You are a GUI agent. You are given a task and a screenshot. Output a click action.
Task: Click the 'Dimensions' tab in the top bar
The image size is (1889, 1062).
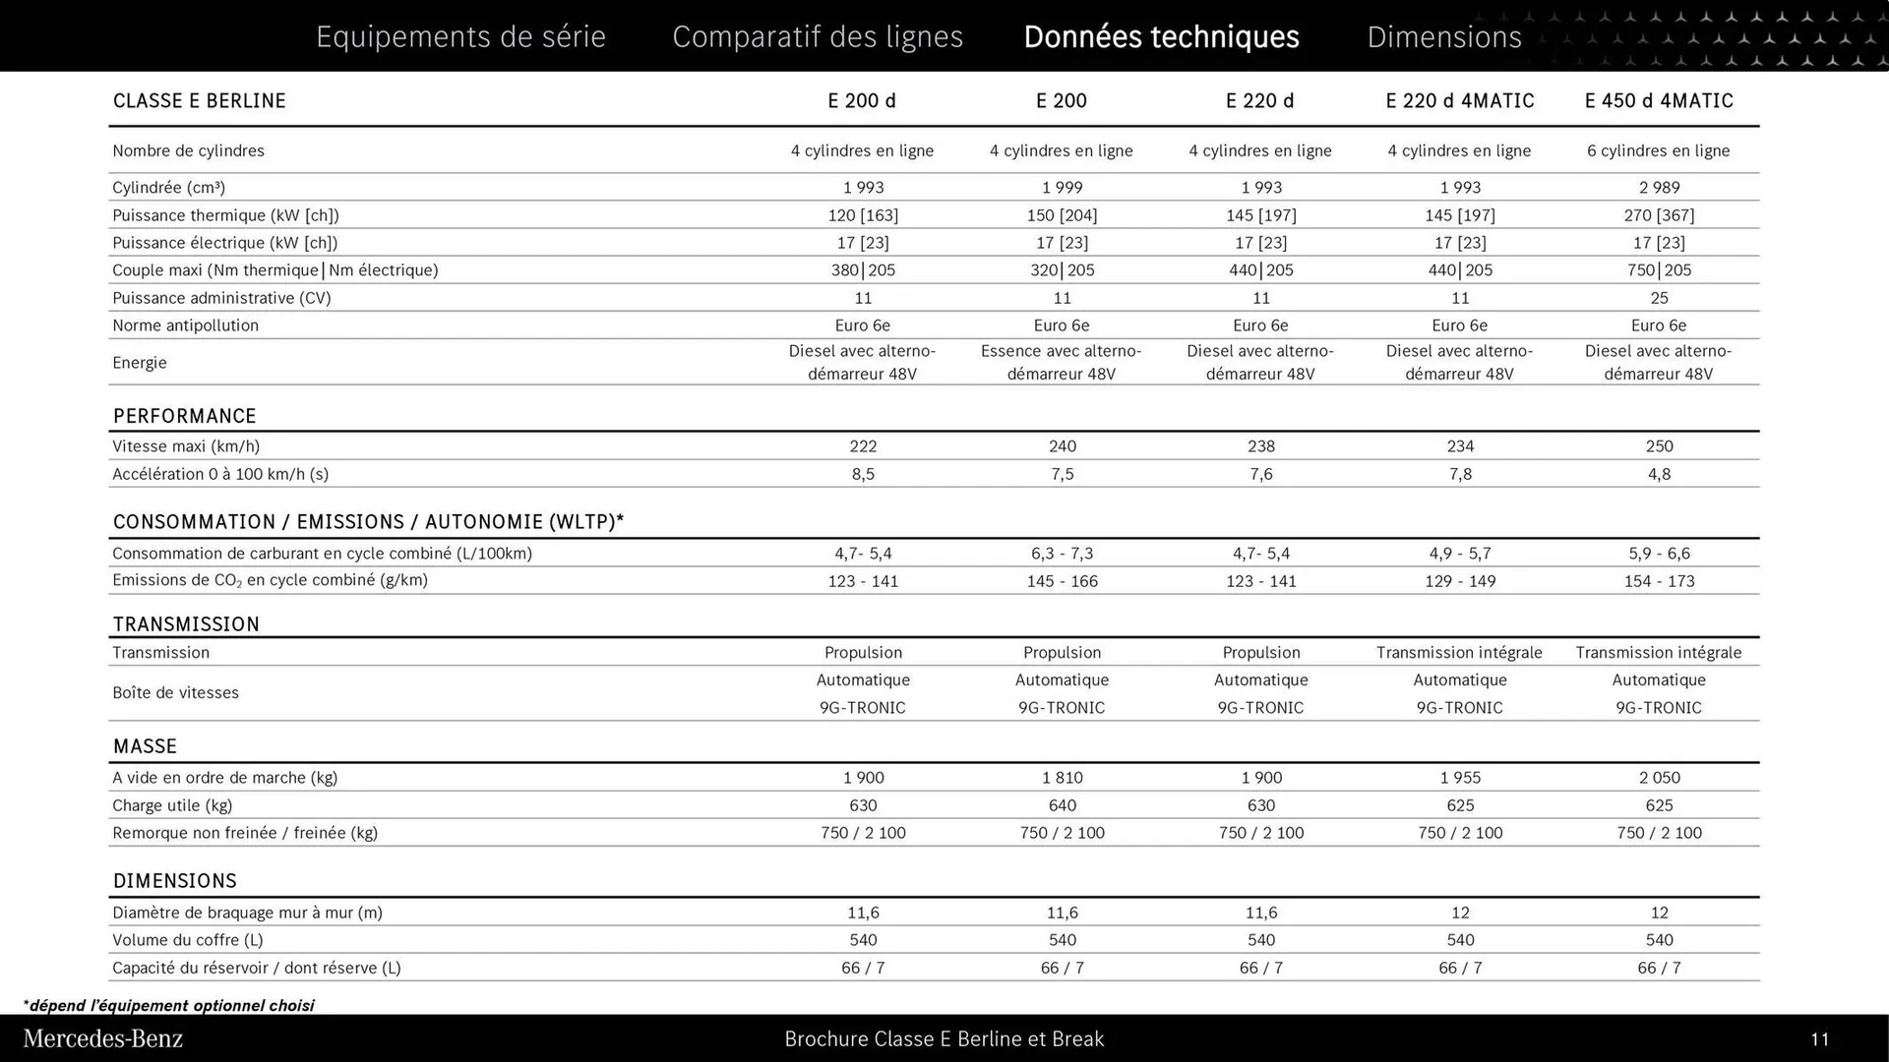(1443, 36)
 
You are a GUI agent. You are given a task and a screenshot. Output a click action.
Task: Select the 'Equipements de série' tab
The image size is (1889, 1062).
(460, 36)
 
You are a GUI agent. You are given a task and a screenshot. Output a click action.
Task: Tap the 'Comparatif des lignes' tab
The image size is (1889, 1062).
(818, 36)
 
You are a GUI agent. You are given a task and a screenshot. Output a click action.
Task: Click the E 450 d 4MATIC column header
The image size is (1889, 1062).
(1659, 100)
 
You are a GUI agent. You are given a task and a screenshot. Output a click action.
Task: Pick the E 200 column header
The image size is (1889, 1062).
(1062, 100)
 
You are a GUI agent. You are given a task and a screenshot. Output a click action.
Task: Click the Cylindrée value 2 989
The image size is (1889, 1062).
(1659, 187)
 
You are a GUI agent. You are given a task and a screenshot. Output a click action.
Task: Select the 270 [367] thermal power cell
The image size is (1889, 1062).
(1659, 214)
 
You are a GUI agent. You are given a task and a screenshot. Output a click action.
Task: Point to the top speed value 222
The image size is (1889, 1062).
(863, 445)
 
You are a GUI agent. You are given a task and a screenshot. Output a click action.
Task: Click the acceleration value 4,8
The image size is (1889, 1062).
(1659, 473)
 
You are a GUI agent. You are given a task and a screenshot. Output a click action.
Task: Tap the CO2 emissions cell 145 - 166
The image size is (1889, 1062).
(1062, 580)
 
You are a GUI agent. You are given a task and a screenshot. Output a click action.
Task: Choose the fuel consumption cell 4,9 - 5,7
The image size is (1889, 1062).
(1460, 553)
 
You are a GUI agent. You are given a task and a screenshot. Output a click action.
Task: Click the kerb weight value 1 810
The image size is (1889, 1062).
(1062, 777)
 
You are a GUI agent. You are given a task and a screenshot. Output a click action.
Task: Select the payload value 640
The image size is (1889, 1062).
(1062, 804)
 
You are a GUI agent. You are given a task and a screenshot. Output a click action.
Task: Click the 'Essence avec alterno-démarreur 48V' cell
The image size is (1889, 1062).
(1062, 362)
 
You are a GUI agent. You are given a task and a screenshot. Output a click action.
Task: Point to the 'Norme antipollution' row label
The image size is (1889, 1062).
(185, 324)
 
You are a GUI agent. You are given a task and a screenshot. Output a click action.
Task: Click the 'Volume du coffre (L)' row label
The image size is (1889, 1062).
(187, 939)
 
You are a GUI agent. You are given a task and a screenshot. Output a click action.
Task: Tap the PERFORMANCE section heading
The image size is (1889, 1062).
(184, 415)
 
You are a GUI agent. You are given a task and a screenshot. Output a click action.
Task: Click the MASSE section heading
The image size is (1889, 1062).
(145, 745)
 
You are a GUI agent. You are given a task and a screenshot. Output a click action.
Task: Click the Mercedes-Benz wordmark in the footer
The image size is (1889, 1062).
(102, 1038)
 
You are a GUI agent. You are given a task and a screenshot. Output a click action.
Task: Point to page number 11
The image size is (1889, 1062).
(1819, 1038)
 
